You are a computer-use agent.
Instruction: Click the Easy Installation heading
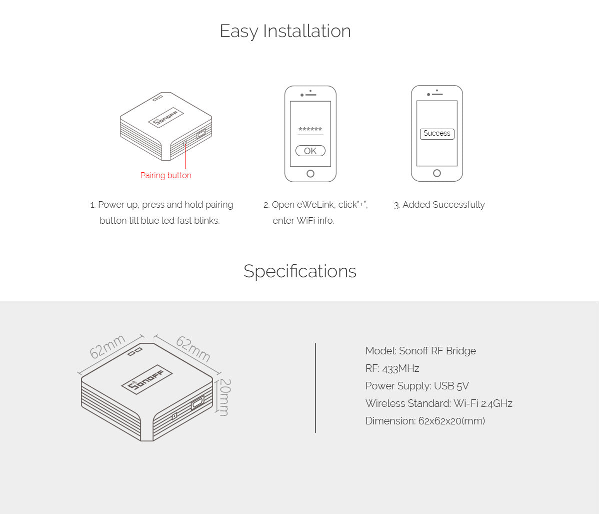[x=285, y=31]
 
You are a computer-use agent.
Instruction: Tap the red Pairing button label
[x=165, y=175]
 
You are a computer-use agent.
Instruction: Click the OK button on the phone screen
[x=310, y=151]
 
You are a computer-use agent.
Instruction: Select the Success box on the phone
[x=437, y=134]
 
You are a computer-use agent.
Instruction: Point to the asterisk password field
[x=310, y=130]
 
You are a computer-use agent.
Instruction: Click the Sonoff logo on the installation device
[x=165, y=118]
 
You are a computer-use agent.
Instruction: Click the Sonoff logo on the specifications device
[x=147, y=380]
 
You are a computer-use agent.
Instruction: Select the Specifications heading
[x=300, y=271]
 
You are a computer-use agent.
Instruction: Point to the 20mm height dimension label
[x=225, y=397]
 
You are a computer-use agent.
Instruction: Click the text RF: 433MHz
[x=392, y=368]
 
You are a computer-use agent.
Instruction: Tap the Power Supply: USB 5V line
[x=417, y=386]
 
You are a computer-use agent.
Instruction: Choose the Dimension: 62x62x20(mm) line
[x=425, y=421]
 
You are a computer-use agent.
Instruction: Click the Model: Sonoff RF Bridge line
[x=420, y=351]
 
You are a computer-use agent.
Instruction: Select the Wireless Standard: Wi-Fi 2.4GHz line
[x=439, y=403]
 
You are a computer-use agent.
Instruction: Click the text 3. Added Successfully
[x=439, y=205]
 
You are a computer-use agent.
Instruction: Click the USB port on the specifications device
[x=197, y=403]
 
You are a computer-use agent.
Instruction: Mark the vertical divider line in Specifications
[x=315, y=388]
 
